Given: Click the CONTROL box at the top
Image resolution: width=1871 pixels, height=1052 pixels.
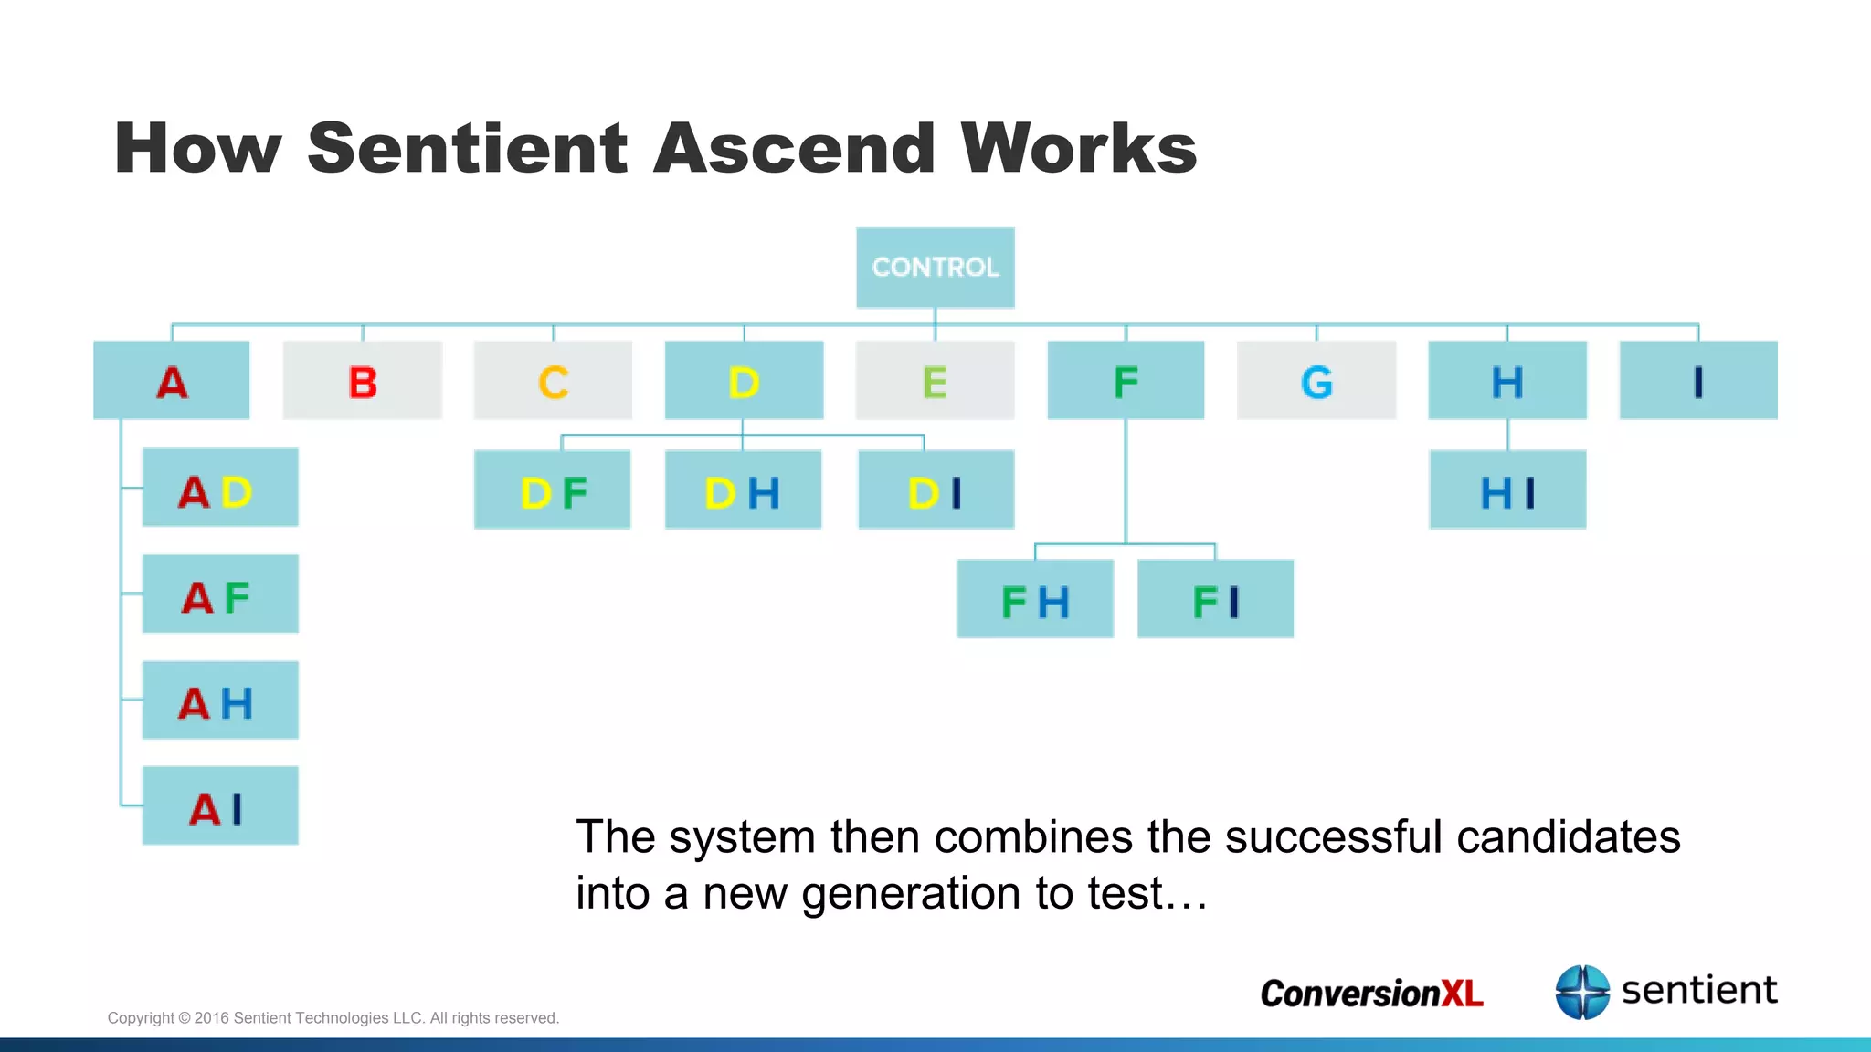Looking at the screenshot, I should (935, 268).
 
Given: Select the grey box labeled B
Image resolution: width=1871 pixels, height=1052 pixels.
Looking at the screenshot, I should (363, 381).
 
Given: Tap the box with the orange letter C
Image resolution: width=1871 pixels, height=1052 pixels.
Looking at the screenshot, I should (553, 381).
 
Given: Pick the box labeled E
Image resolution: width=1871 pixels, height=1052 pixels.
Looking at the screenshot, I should (935, 381).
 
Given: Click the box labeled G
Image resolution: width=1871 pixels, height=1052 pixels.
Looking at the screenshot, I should (1316, 381).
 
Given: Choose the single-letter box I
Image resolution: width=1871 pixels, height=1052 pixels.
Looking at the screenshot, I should (1698, 381).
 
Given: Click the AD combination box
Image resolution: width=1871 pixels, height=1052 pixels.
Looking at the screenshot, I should (220, 488).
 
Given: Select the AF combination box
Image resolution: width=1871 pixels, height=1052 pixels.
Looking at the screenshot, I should (220, 594).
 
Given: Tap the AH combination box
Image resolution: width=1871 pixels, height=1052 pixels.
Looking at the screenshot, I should (220, 700).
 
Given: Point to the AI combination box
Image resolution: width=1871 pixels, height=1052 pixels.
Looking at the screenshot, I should (220, 806).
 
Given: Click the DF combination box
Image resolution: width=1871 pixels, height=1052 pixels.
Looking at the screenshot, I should (553, 490).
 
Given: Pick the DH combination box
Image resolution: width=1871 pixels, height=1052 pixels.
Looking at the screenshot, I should (743, 490).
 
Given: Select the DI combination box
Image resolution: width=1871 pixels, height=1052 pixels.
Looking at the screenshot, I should (935, 490).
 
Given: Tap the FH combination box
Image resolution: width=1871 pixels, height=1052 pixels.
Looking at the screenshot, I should (1035, 599).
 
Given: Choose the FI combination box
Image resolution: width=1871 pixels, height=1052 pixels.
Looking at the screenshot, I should (1215, 599).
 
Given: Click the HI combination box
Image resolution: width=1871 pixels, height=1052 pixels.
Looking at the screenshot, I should (1507, 490).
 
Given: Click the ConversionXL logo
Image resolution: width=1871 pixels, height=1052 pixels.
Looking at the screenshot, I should (1371, 994).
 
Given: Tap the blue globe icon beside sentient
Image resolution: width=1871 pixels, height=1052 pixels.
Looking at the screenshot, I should (1582, 992).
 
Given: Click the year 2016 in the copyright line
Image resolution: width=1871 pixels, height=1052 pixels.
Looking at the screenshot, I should (212, 1018).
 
